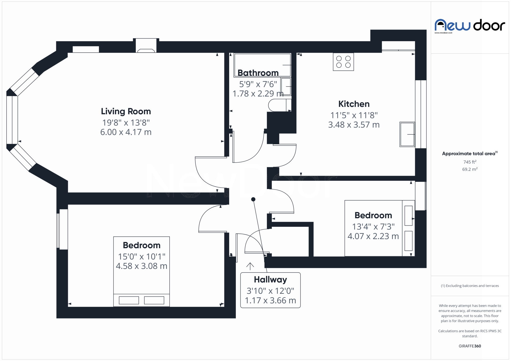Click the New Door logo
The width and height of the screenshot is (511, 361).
coord(470,26)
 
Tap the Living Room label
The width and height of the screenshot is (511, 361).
coord(126,111)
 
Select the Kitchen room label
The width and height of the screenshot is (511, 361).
coord(354,104)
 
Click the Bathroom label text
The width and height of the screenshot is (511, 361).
coord(258,73)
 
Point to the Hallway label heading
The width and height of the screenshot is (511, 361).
coord(270,280)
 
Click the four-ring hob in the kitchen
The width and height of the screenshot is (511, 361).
coord(343,62)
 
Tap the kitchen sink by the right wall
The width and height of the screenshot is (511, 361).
coord(407,134)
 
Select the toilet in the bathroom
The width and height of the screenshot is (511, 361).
coord(280,105)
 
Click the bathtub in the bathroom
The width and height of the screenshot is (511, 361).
coord(262,65)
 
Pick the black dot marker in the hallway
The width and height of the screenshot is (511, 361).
coord(253,199)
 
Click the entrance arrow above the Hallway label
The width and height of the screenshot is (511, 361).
coord(250,266)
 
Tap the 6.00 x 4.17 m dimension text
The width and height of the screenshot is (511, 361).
coord(126,132)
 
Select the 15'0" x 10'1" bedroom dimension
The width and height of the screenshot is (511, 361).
coord(142,257)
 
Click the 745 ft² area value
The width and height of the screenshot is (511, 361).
coord(470,162)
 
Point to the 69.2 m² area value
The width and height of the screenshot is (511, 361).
coord(470,169)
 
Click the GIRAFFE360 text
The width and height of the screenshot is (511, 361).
coord(470,346)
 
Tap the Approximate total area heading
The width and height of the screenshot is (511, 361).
coord(470,153)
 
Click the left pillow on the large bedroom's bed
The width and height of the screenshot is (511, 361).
coord(129,300)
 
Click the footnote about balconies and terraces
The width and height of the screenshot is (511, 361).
coord(470,286)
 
